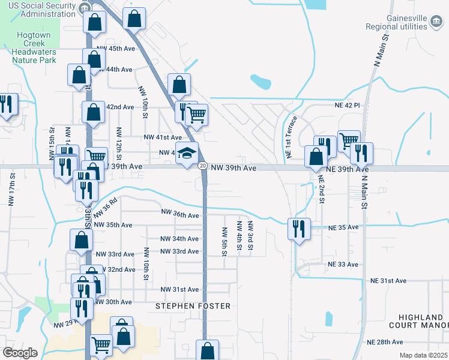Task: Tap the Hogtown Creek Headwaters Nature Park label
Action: pos(33,47)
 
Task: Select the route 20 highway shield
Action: pos(203,166)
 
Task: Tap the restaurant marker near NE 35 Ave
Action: pos(298,228)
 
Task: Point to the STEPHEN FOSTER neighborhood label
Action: pos(193,306)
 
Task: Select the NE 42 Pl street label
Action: pos(347,105)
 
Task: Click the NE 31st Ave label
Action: pos(388,281)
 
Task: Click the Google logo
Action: pos(20,352)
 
